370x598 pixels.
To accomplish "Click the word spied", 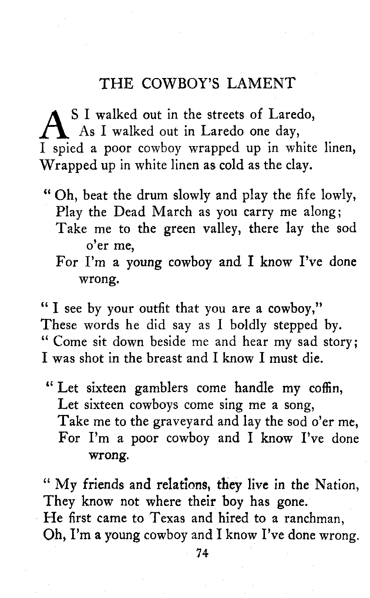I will coord(68,149).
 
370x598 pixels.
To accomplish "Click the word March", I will coord(172,212).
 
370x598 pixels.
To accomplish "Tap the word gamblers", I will coord(161,388).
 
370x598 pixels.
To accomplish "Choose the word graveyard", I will coord(183,421).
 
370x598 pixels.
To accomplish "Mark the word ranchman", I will coord(315,518).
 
